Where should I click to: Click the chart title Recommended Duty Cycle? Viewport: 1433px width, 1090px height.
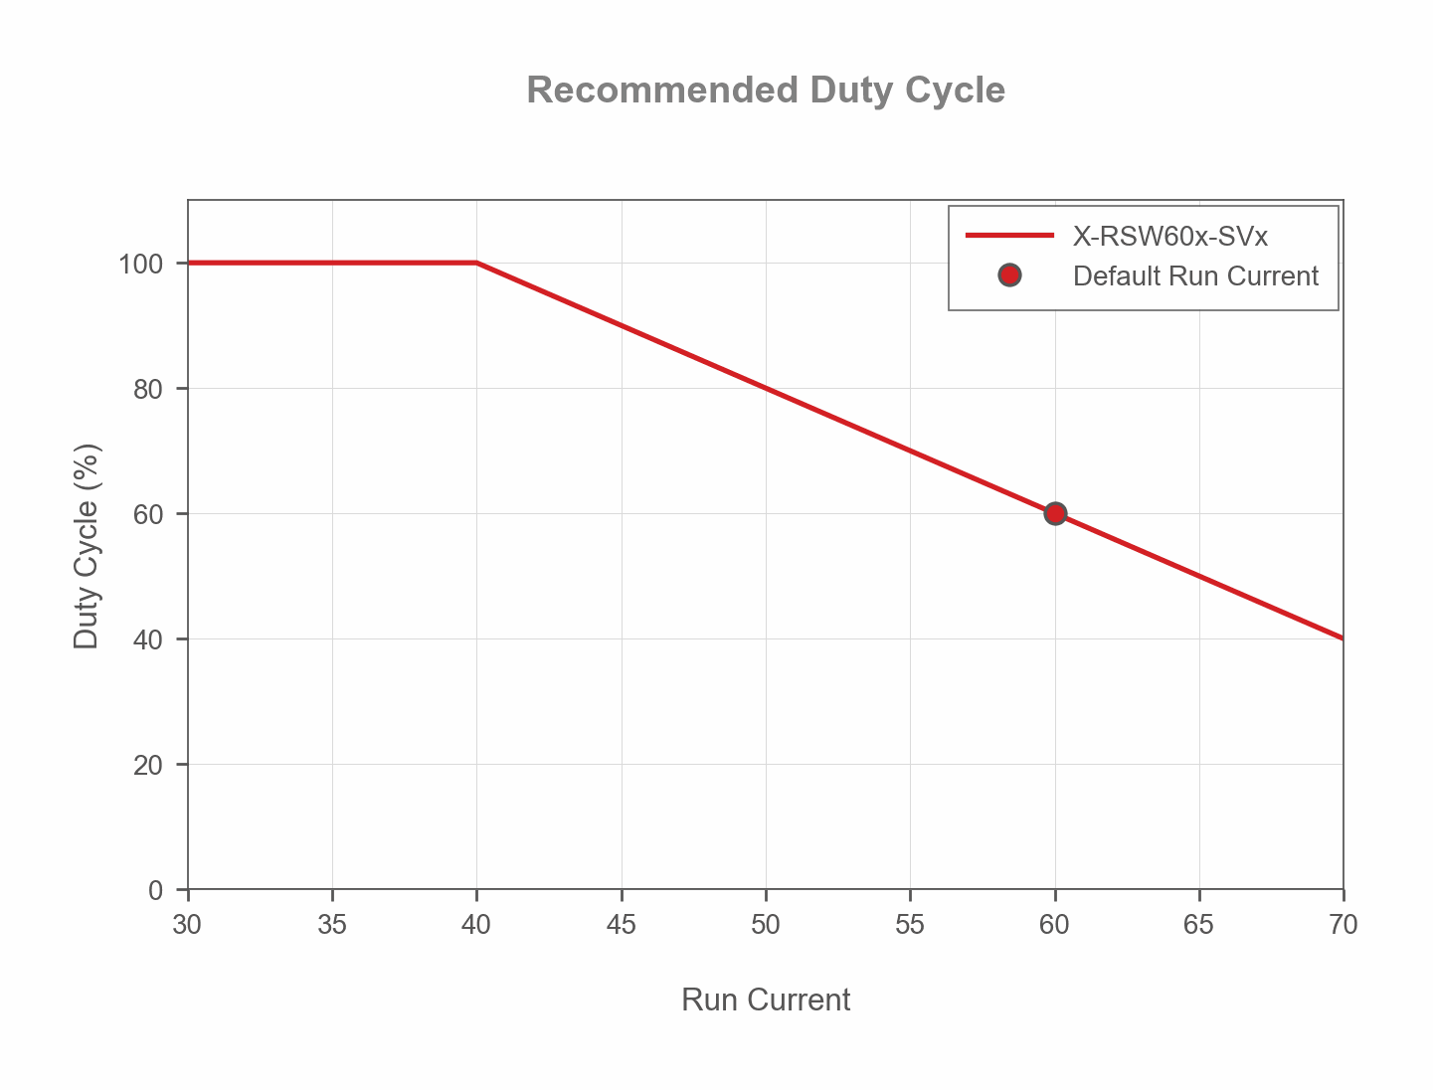[766, 91]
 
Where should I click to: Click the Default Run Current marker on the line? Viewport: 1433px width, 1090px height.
[1055, 513]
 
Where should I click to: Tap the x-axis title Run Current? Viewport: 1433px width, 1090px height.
[766, 999]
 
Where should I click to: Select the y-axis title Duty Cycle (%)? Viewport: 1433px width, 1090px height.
[88, 546]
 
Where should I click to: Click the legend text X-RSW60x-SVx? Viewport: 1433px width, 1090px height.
[1169, 237]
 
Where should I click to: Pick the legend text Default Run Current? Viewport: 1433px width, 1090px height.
[1195, 275]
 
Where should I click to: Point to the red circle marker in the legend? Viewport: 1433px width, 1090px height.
[1009, 275]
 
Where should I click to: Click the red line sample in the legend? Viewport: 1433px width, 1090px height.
[1009, 236]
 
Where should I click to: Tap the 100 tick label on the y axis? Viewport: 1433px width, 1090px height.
[140, 264]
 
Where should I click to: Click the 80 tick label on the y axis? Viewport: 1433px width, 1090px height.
[148, 389]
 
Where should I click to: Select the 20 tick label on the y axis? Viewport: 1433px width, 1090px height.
[148, 765]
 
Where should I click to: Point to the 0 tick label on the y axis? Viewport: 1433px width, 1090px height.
[155, 890]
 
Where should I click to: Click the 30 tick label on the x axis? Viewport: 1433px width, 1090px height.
[187, 925]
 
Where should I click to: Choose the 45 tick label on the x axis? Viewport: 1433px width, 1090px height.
[621, 925]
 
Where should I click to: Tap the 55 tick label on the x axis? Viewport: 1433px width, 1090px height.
[910, 925]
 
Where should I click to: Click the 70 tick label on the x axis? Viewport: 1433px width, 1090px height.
[1343, 925]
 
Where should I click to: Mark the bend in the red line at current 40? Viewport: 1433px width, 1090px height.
[476, 263]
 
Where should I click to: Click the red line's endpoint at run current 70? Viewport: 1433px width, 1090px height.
[1343, 637]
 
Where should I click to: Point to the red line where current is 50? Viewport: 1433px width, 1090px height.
[766, 388]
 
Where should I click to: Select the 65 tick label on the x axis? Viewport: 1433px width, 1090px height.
[1198, 925]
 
